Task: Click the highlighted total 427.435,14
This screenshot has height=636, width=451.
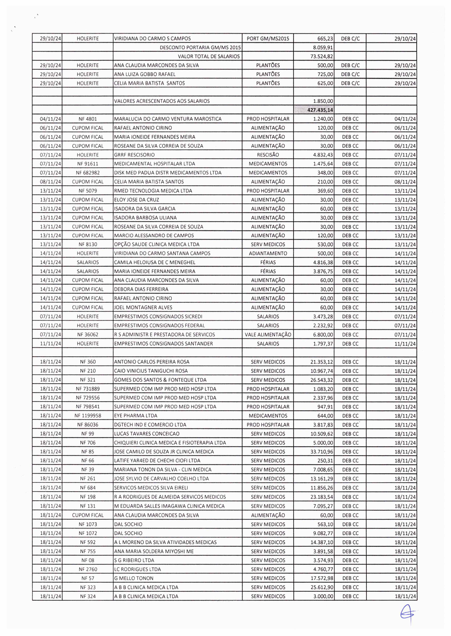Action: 320,110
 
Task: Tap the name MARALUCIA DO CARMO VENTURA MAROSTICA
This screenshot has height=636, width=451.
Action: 168,119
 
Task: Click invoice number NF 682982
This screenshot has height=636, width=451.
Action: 88,172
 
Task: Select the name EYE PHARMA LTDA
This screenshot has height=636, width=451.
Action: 136,416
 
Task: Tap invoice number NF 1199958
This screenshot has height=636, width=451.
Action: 88,416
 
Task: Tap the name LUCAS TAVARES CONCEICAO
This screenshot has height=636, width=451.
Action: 147,434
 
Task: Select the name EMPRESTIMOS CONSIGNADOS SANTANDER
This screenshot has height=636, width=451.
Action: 164,344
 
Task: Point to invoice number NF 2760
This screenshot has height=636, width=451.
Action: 88,569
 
